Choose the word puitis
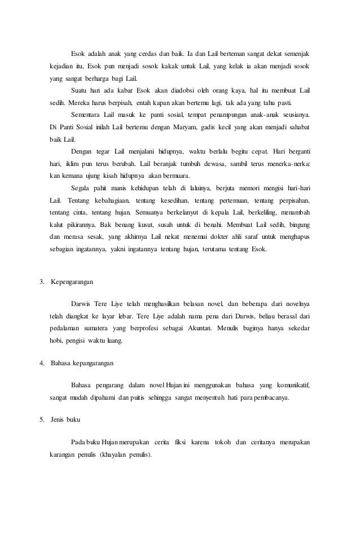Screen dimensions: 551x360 165,397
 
